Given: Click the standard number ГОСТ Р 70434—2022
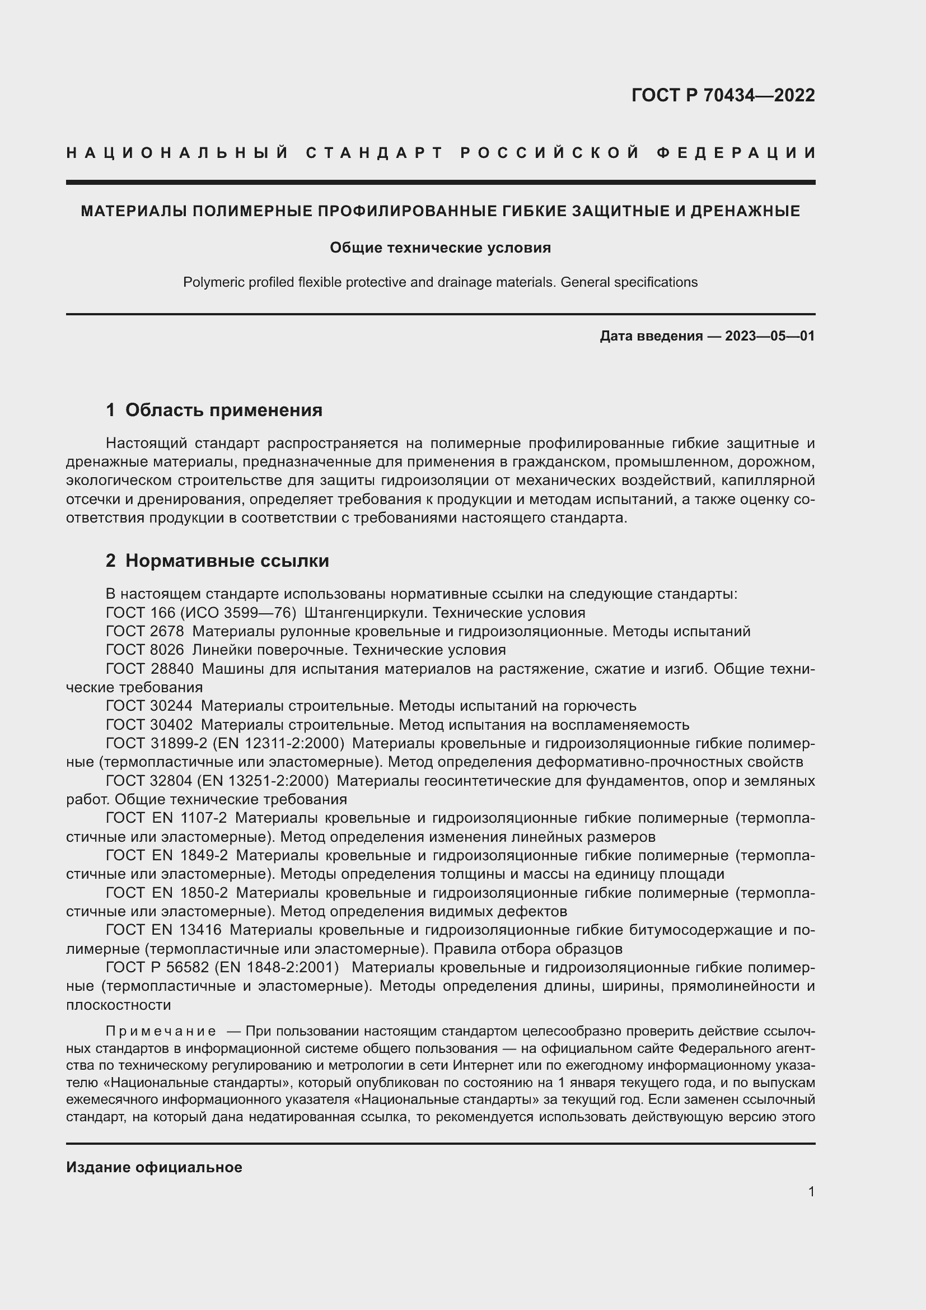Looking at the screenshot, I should tap(723, 95).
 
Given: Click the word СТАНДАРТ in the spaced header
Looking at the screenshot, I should tap(375, 153).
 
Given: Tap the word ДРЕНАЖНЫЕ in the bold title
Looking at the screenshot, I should tap(745, 211).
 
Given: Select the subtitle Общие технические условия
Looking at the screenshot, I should tap(440, 248).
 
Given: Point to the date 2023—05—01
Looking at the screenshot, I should tap(770, 336).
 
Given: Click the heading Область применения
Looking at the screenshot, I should tap(223, 409).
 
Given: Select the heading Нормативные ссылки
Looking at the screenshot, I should tap(227, 561).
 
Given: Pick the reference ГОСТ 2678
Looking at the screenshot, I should tap(145, 632).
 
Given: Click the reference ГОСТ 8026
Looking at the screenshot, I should tap(145, 650).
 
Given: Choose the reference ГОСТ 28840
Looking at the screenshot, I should tap(149, 669).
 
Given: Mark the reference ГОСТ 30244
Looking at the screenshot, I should tap(149, 706).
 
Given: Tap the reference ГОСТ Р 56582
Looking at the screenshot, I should tap(158, 968).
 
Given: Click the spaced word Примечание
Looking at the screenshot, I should tap(161, 1032).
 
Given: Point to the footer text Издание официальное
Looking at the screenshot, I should tap(154, 1167).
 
